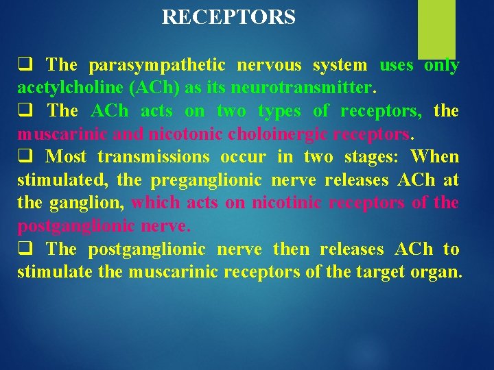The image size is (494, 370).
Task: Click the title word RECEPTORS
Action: click(x=228, y=17)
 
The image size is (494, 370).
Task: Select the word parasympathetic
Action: click(x=156, y=66)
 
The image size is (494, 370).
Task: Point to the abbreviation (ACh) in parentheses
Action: click(x=143, y=88)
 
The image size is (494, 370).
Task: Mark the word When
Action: click(x=435, y=157)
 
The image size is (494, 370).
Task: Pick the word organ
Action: click(x=436, y=272)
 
